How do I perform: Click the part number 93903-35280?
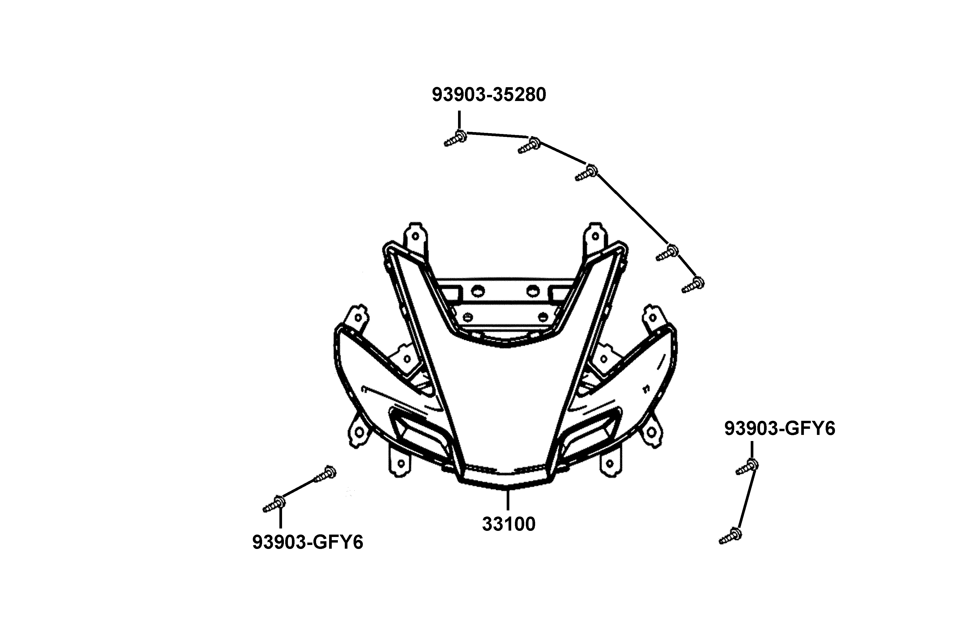pos(489,95)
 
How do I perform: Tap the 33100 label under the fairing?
pos(509,524)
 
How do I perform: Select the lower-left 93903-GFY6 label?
pos(308,542)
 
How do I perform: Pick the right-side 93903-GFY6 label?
pos(780,429)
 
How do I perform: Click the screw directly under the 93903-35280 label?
pos(455,138)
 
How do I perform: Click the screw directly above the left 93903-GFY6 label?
pos(274,505)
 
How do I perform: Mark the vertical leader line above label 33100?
pos(508,500)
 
